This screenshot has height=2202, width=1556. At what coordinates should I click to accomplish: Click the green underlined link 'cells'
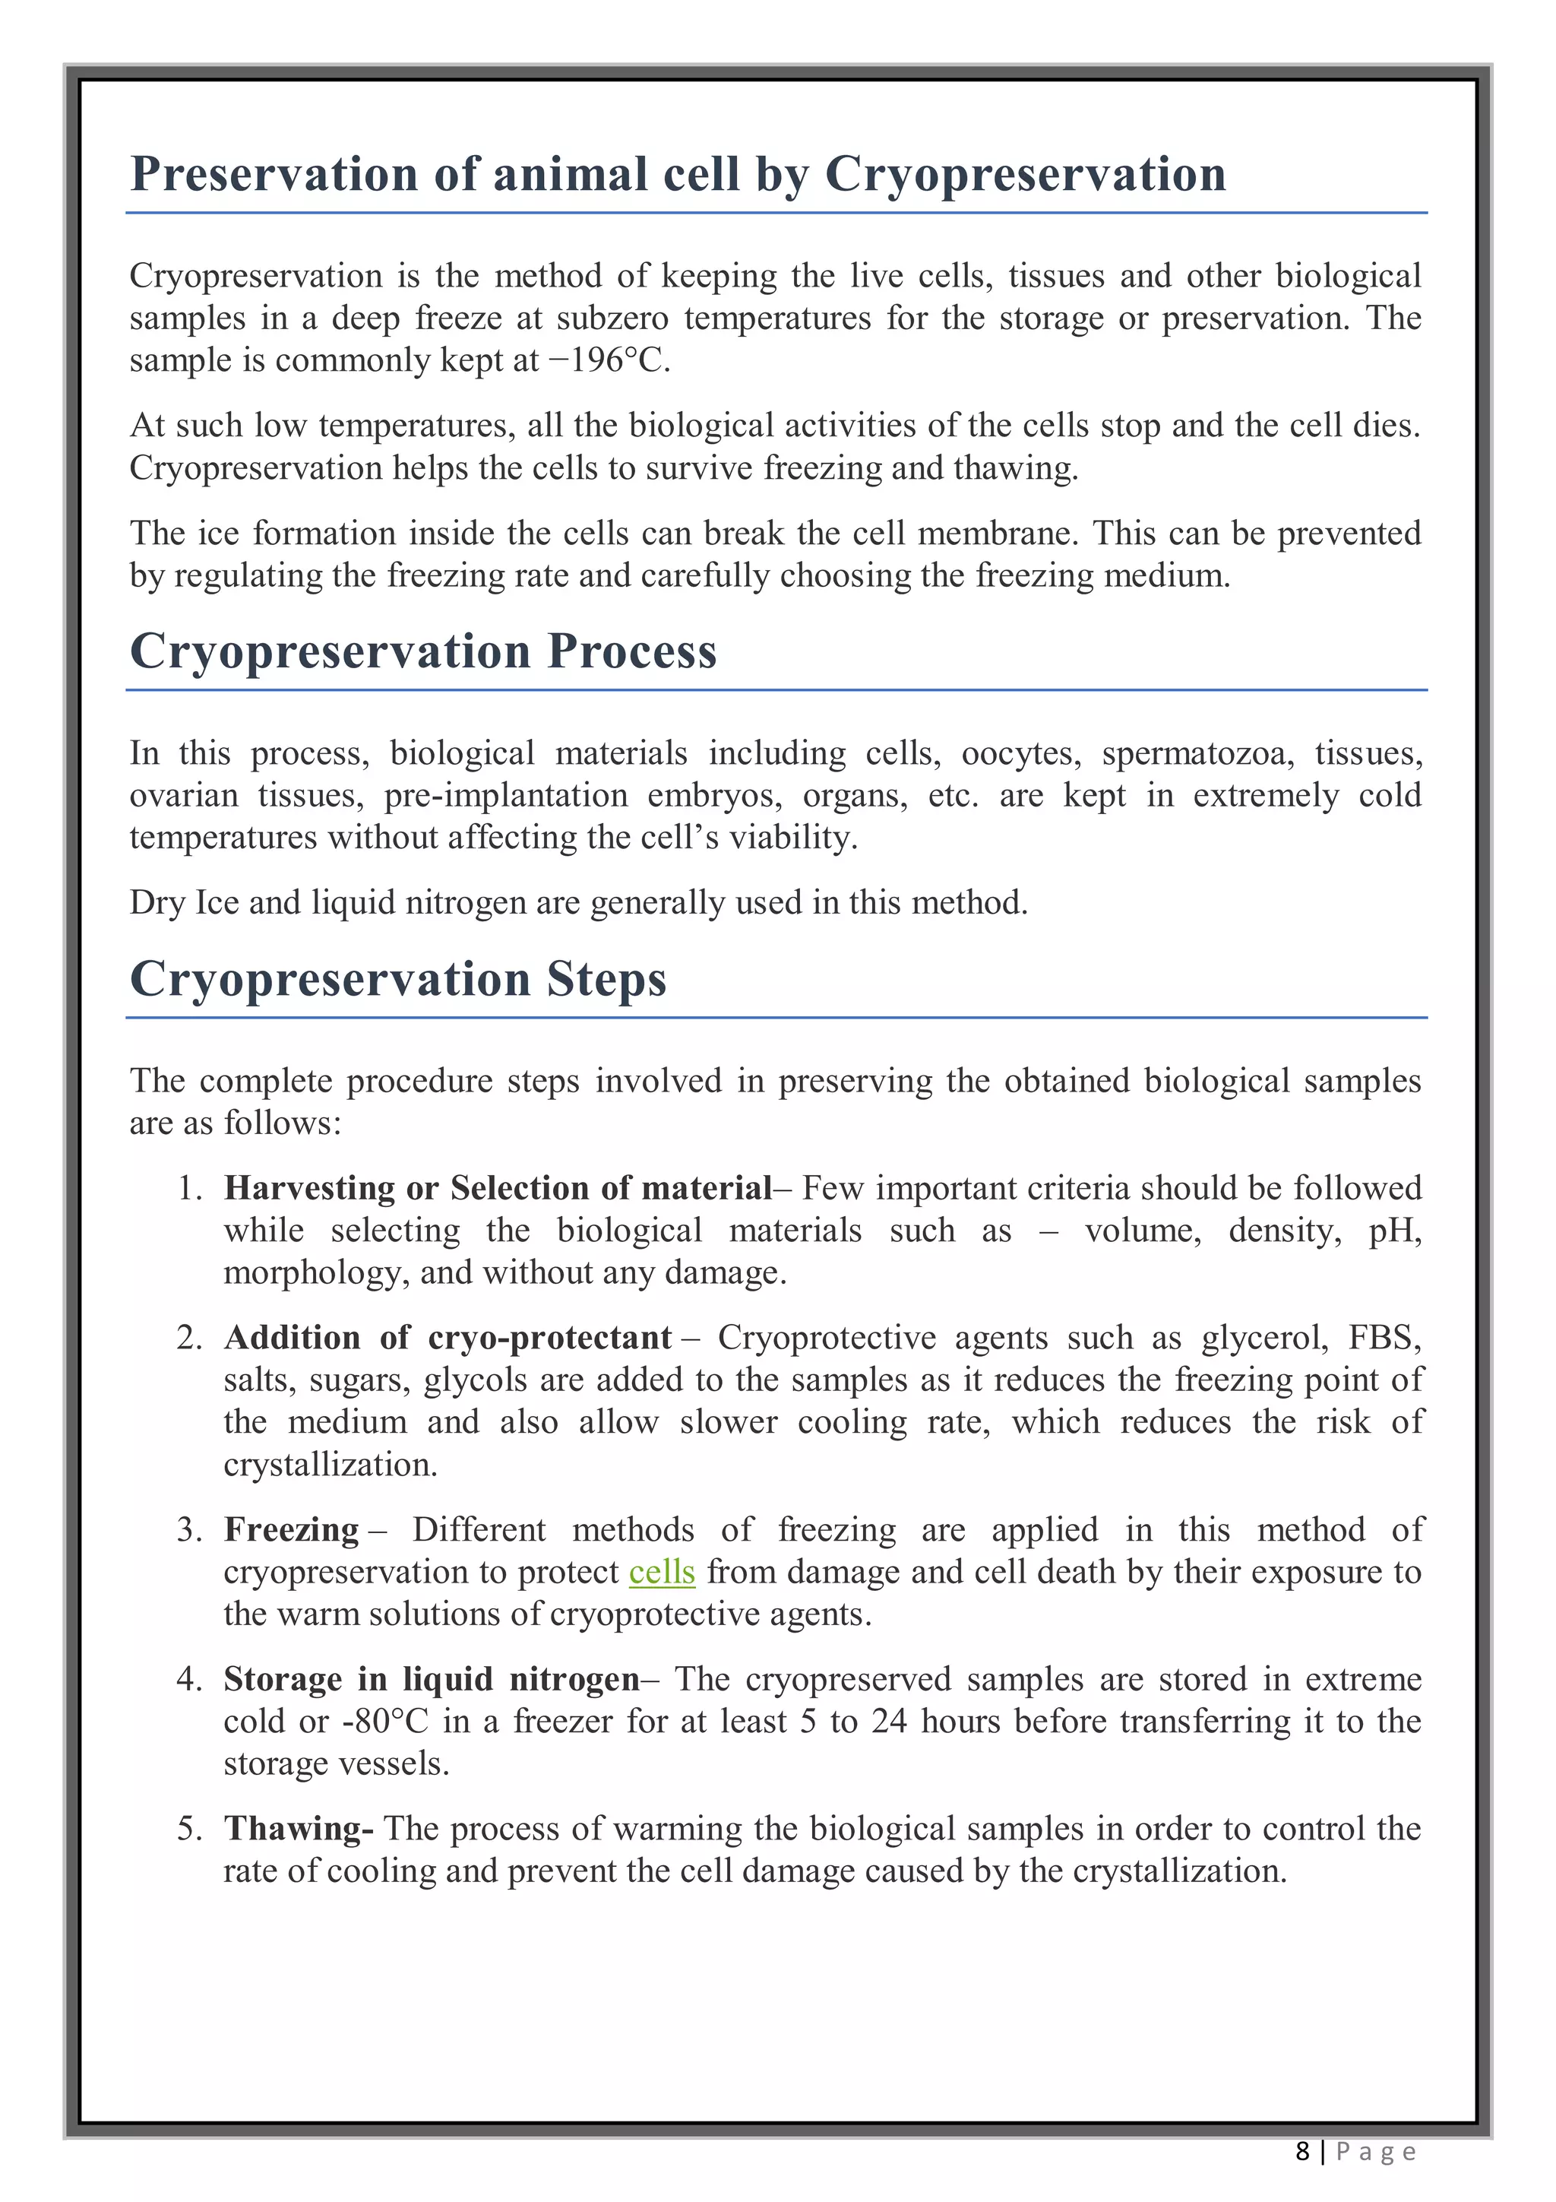click(662, 1572)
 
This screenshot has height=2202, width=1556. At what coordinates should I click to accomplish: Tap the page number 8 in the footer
click(1302, 2152)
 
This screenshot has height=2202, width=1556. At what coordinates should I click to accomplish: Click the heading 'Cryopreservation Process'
click(422, 651)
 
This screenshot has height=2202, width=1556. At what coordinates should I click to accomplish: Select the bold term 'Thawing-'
click(298, 1829)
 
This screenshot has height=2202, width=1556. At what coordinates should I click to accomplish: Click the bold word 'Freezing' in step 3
click(292, 1530)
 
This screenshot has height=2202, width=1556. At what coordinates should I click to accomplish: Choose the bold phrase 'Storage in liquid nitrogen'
click(432, 1679)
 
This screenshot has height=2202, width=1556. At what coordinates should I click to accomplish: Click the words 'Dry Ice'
click(184, 904)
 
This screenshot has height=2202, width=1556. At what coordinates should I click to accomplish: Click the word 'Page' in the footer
click(1376, 2152)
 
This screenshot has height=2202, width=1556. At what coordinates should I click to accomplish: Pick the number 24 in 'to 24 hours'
click(889, 1722)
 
